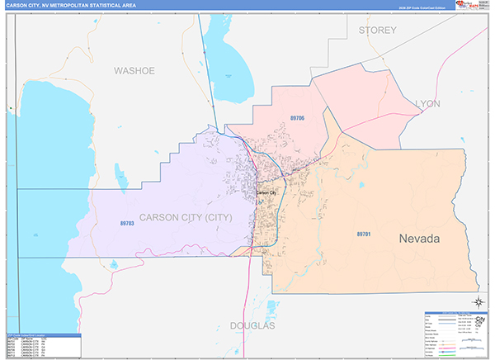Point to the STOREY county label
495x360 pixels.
pos(378,31)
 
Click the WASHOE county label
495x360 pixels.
pos(134,71)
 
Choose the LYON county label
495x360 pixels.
pos(428,103)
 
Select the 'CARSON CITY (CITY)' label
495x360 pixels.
pos(185,217)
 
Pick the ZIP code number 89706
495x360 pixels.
pos(297,119)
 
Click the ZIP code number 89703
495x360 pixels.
pos(127,223)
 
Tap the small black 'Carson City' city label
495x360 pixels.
pos(266,192)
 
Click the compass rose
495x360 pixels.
pos(478,301)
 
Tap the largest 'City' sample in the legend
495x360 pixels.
pos(480,318)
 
